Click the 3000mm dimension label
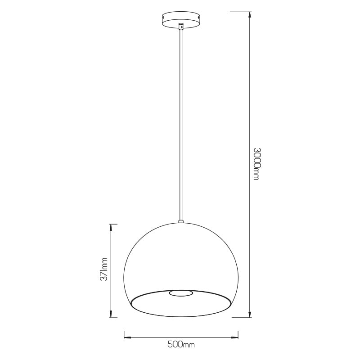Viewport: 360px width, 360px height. coord(256,164)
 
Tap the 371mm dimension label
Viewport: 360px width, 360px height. coord(104,269)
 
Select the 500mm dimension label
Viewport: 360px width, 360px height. coord(181,345)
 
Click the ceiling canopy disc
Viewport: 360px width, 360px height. coord(181,20)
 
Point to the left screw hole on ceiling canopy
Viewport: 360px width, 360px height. coord(163,18)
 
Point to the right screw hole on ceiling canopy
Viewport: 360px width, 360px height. coord(198,17)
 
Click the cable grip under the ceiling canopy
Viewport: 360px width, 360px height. coord(181,26)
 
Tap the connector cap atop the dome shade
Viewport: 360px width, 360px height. coord(181,222)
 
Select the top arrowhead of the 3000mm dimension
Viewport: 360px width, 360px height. coord(250,15)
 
